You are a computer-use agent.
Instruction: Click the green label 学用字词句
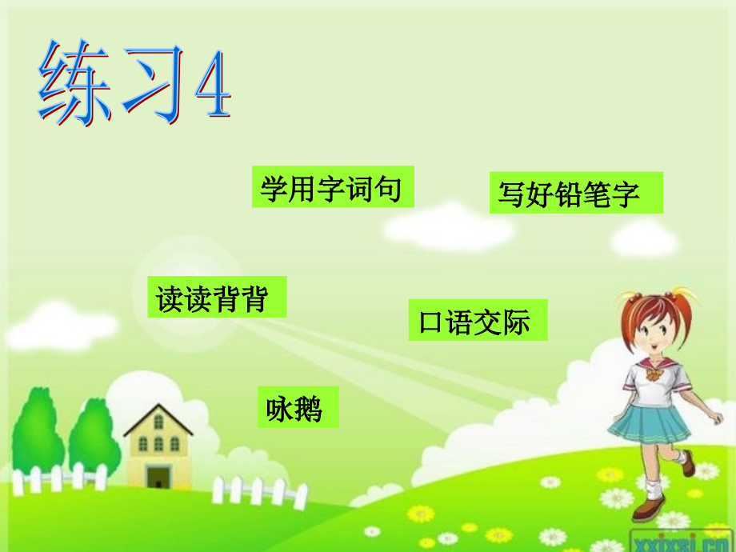click(332, 188)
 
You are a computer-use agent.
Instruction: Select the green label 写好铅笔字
click(575, 194)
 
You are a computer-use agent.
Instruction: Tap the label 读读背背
click(216, 298)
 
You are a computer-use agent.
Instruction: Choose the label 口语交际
click(477, 321)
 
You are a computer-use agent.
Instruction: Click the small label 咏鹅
click(298, 407)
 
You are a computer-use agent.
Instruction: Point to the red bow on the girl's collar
click(654, 374)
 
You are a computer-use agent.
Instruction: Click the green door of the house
click(158, 478)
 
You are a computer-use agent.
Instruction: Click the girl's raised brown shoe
click(686, 463)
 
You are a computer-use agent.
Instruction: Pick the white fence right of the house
click(256, 490)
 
